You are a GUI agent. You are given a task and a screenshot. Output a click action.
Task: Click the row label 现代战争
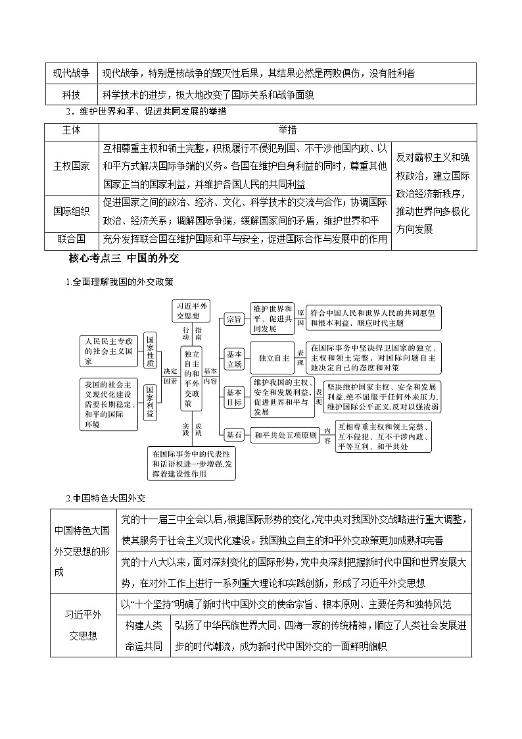(71, 73)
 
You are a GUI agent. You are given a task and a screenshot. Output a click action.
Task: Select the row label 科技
(71, 94)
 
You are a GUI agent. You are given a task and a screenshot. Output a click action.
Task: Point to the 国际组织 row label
(71, 211)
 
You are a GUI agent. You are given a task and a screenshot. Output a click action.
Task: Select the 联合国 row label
(71, 240)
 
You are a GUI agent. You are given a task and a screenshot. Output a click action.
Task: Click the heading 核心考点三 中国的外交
(123, 259)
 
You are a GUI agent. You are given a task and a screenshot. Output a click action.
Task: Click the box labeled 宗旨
(235, 319)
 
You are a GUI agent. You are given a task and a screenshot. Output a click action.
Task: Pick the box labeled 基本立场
(235, 358)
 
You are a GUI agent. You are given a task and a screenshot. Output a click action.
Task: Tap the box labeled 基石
(235, 435)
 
